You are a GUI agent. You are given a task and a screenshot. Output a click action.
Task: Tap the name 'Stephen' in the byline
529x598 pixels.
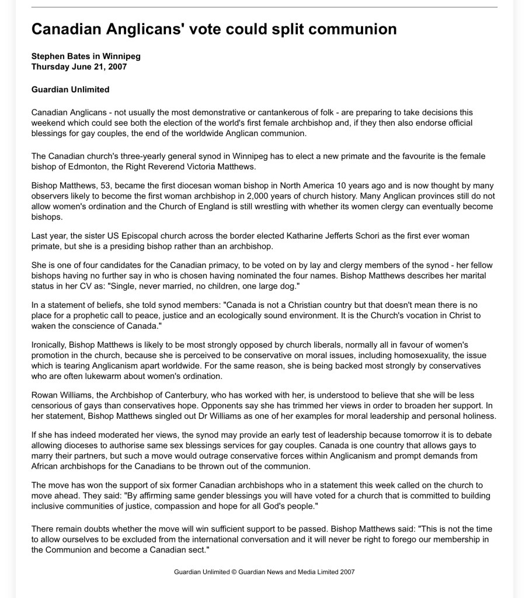coord(49,57)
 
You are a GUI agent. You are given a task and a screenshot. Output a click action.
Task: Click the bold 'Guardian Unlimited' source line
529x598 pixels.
coord(70,89)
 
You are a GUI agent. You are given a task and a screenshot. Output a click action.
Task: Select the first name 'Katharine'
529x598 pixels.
coord(305,236)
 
